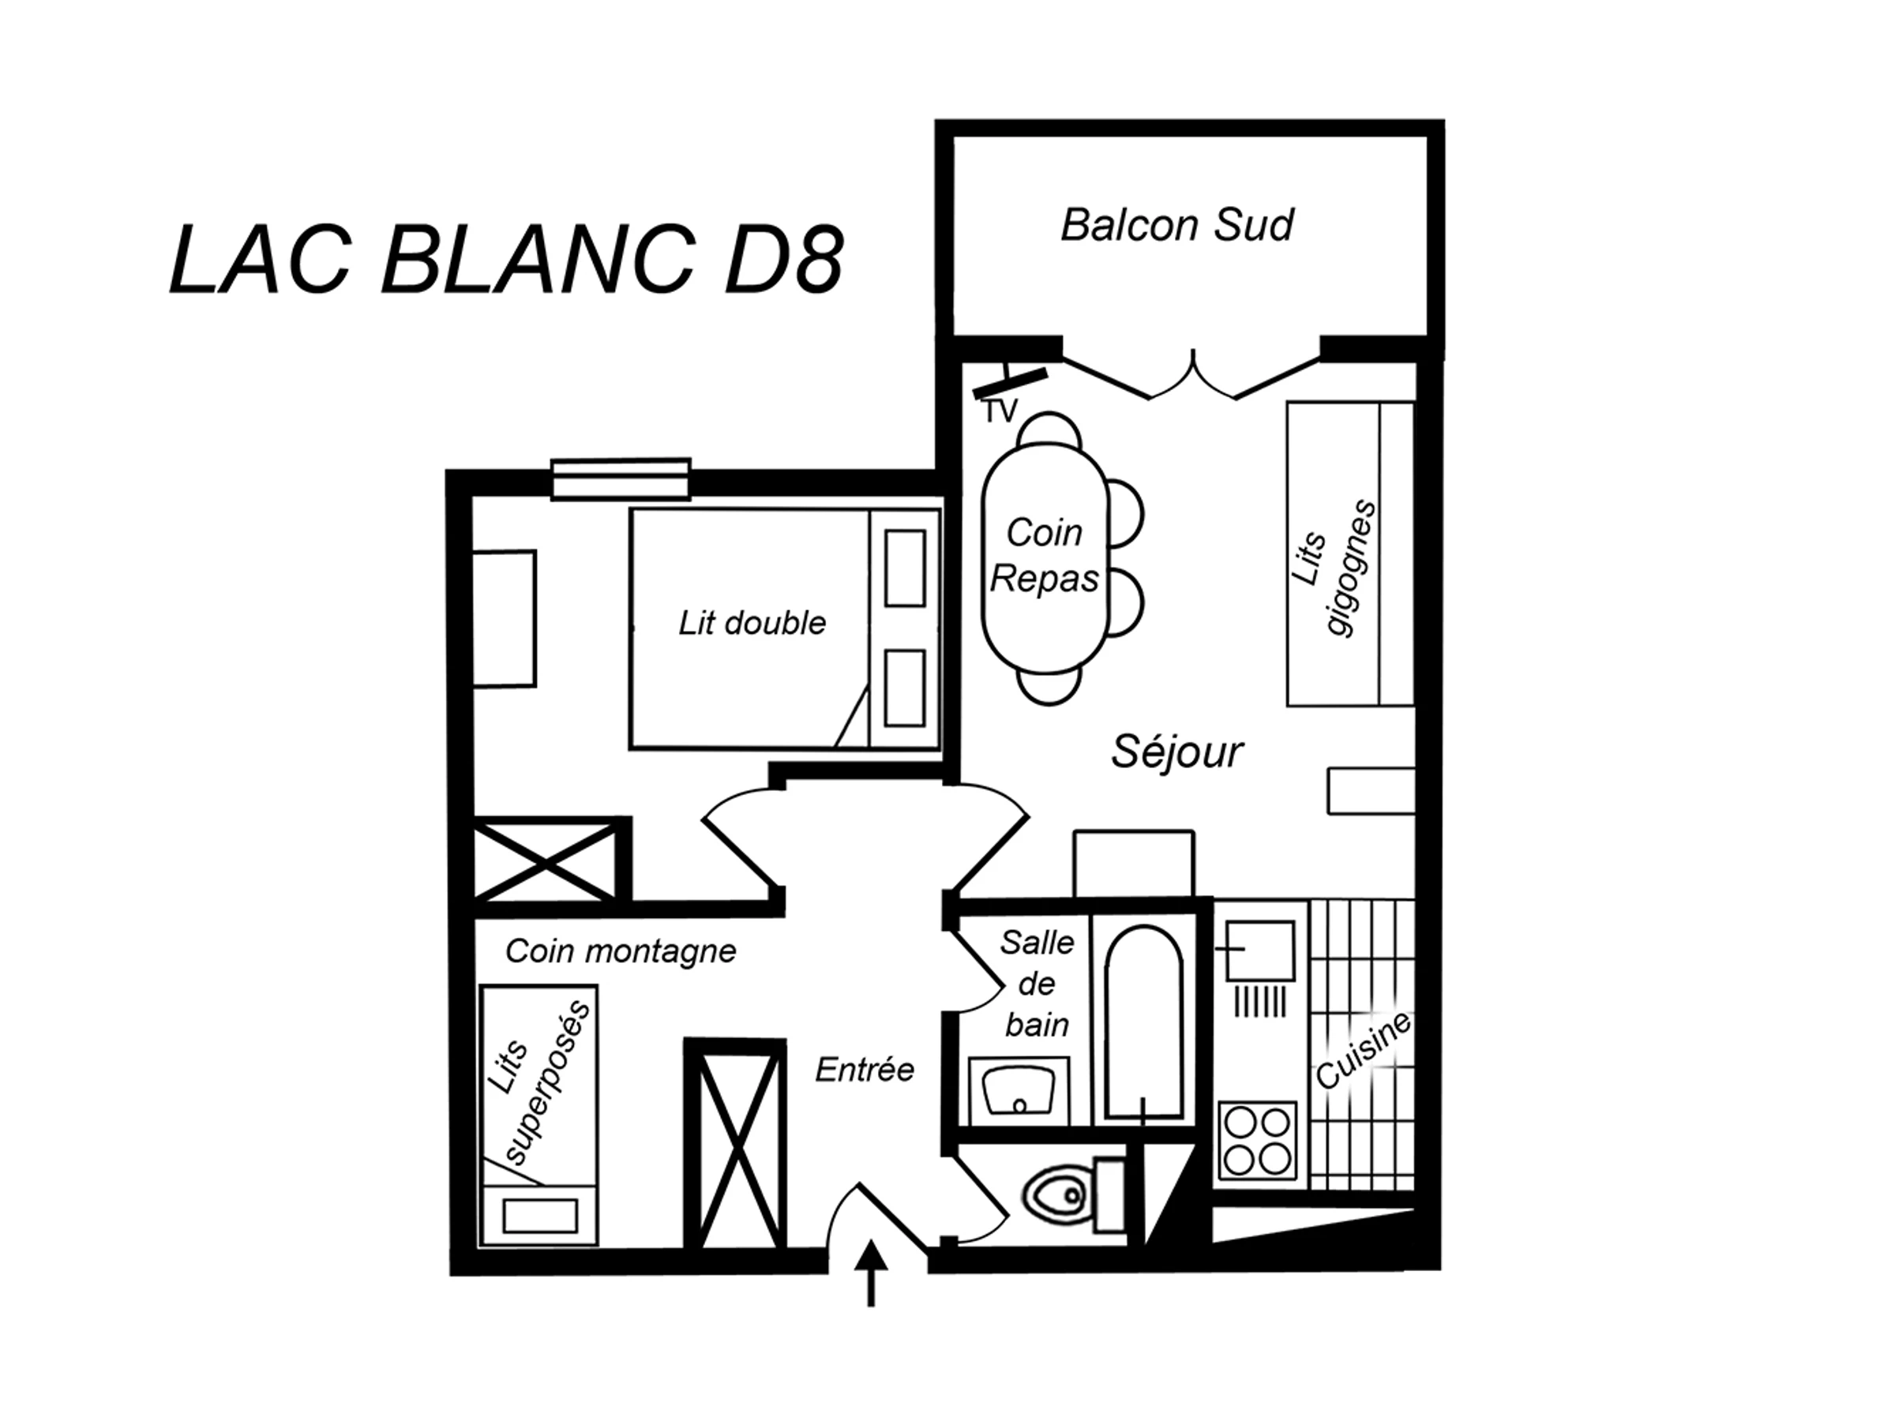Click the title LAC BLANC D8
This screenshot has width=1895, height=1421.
tap(507, 260)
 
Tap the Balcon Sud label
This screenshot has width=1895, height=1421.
tap(1177, 225)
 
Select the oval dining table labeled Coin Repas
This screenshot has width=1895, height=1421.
tap(1045, 558)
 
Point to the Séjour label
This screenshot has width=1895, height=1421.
tap(1177, 752)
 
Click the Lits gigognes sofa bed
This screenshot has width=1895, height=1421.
tap(1350, 553)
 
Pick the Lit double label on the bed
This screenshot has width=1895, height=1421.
tap(752, 623)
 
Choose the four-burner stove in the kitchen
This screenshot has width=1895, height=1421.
tap(1258, 1141)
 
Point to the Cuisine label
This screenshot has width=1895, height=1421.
tap(1362, 1050)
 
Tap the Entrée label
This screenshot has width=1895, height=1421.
tap(865, 1069)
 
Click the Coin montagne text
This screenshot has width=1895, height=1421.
tap(621, 950)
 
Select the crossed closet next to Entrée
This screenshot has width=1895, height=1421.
tap(735, 1145)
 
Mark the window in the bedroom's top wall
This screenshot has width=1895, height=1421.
tap(621, 479)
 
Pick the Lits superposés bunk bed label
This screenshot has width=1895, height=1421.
tap(538, 1081)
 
